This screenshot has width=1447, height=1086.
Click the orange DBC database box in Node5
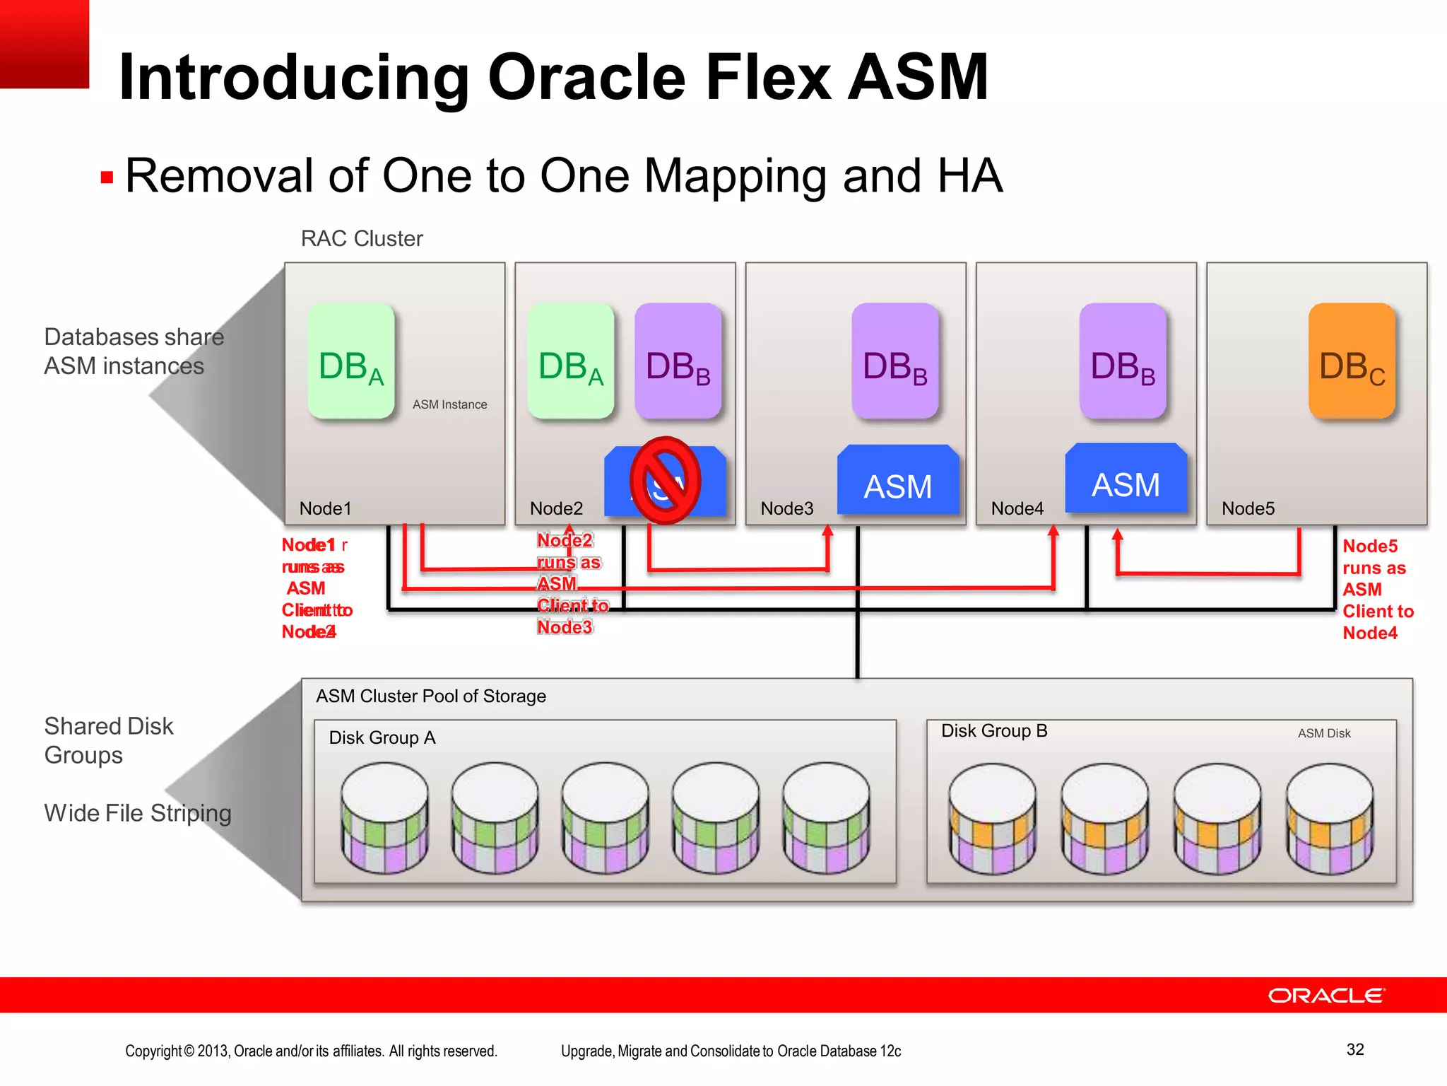[1352, 361]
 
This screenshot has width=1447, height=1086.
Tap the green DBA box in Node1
[351, 361]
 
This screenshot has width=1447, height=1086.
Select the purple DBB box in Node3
[894, 361]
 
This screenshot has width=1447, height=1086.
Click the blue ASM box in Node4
[1126, 479]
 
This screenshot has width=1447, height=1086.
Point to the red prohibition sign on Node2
[665, 480]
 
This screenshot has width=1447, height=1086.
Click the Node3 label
[786, 508]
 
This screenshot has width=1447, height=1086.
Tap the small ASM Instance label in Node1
[449, 404]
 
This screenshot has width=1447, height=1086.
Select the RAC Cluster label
[362, 239]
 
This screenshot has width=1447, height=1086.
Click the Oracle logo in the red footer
[1326, 995]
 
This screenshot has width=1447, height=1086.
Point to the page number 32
[1354, 1049]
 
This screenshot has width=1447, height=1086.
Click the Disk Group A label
[382, 738]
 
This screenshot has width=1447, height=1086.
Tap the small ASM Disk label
[1323, 734]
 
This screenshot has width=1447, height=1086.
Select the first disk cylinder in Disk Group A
[384, 817]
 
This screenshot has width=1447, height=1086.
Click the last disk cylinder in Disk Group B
[1329, 817]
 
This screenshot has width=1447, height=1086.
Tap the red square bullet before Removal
[107, 177]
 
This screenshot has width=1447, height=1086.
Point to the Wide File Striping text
[138, 813]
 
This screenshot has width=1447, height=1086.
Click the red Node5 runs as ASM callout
[1376, 589]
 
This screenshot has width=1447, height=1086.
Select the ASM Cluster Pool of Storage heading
[430, 696]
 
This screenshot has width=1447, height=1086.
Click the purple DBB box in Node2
[678, 361]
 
